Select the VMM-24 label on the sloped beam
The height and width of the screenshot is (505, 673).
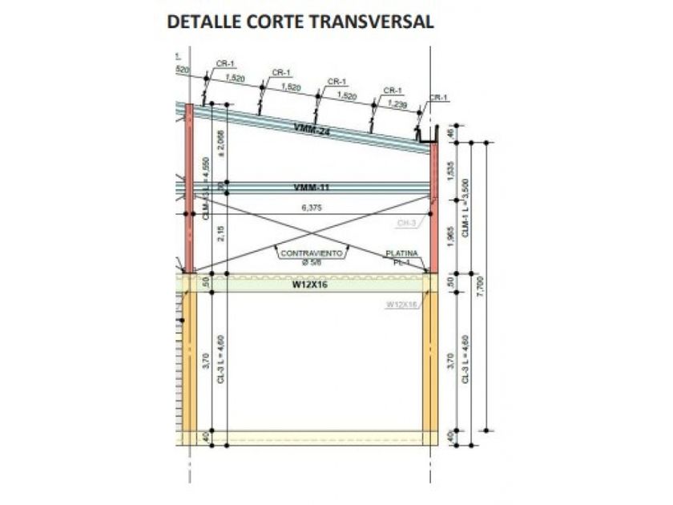312,129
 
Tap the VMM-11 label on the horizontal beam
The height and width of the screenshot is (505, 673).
312,188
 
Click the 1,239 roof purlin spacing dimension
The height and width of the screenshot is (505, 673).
397,105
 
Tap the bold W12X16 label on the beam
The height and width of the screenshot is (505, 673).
311,283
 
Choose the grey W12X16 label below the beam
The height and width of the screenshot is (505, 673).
400,305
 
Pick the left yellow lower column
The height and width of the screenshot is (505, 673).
190,361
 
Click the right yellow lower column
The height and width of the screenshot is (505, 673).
430,361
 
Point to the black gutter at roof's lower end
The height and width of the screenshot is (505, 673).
426,137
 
